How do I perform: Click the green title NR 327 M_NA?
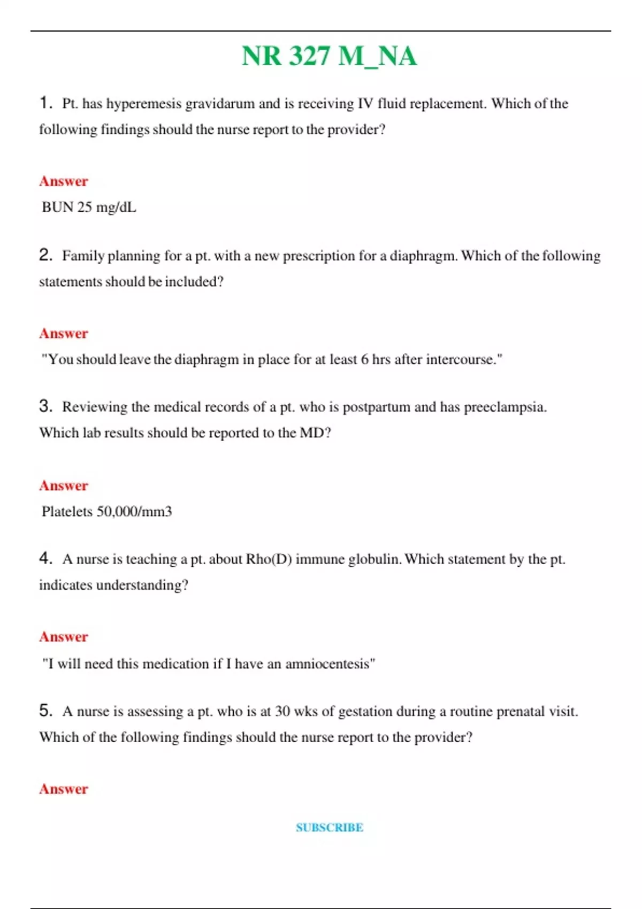(x=328, y=56)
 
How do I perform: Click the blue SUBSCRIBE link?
(x=330, y=827)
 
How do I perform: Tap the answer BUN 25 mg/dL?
(x=89, y=207)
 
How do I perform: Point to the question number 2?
(x=45, y=255)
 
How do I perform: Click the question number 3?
(x=45, y=406)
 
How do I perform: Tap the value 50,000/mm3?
(x=134, y=512)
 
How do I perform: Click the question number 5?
(x=45, y=711)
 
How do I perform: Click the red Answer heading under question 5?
(x=63, y=789)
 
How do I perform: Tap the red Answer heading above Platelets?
(x=63, y=486)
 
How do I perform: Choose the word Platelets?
(x=67, y=512)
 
